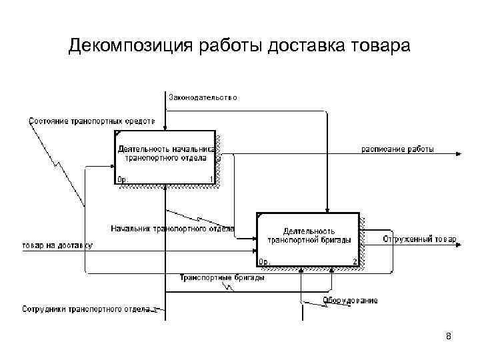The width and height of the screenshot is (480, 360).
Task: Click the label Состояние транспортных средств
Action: coord(92,121)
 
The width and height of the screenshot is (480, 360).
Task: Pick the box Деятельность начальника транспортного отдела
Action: coord(166,157)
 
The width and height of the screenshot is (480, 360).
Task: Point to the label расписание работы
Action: coord(398,149)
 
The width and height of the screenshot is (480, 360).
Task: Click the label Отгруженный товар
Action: coord(419,239)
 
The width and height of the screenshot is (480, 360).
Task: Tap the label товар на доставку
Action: coord(57,245)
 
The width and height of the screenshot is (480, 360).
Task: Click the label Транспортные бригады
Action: coord(222,277)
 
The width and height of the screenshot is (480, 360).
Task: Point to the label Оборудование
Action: coord(351,300)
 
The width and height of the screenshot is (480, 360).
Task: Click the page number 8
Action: coord(449,337)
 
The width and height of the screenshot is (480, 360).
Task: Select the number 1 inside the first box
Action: coord(211,179)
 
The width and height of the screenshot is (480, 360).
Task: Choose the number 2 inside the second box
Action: coord(355,262)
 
